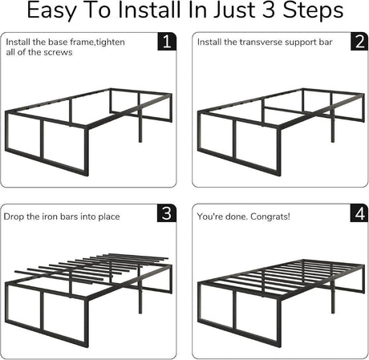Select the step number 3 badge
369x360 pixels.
166,214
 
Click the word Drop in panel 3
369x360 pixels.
16,216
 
